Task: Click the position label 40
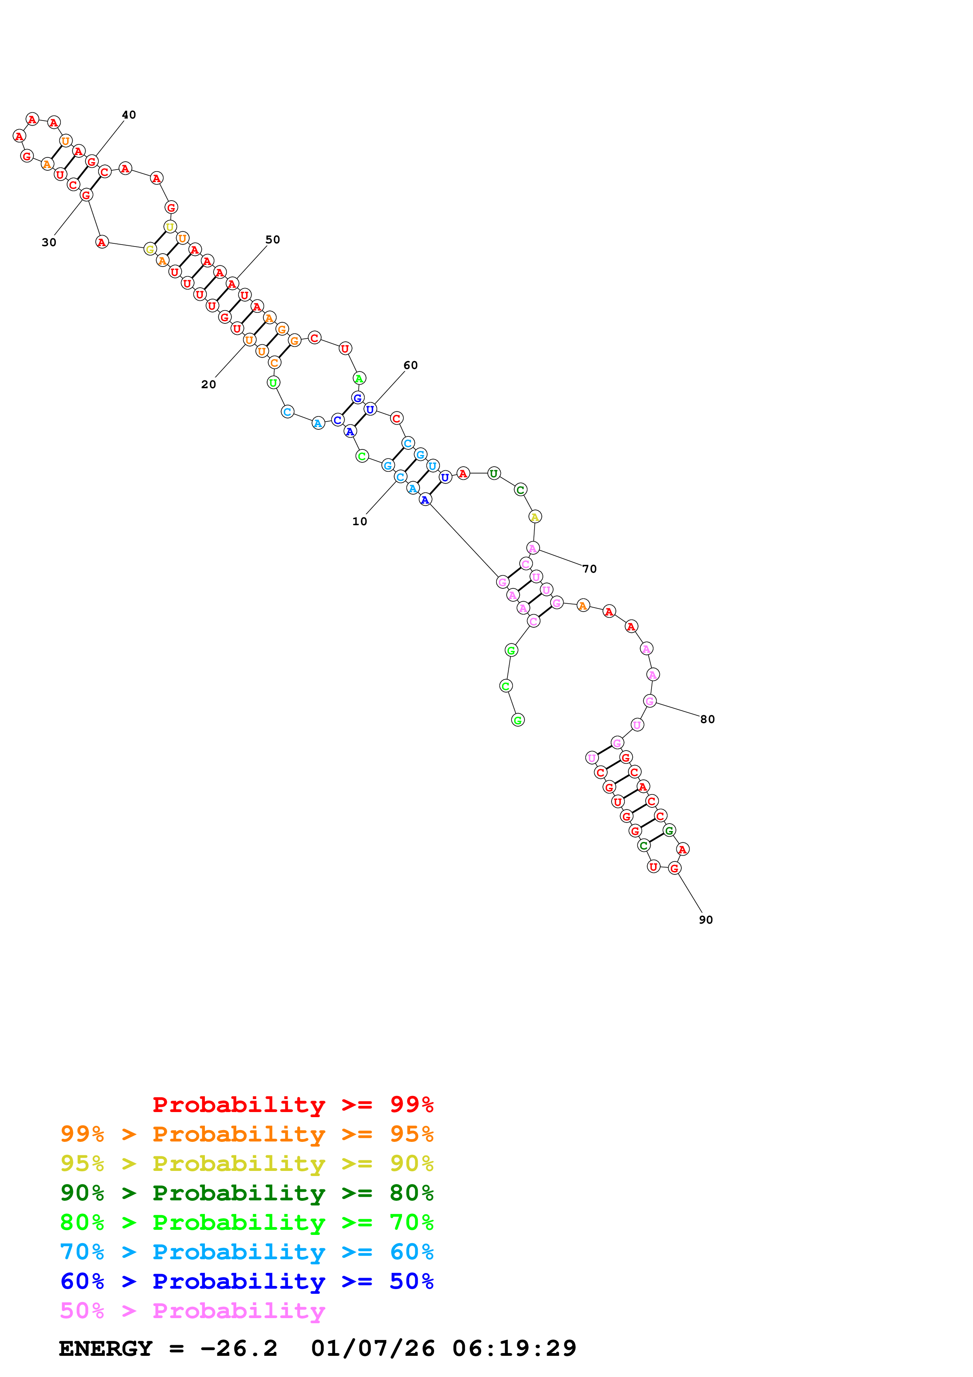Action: coord(129,115)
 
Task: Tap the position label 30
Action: coord(49,242)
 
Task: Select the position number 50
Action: coord(273,239)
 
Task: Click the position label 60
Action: coord(411,365)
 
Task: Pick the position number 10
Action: coord(360,521)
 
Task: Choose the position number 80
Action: coord(707,719)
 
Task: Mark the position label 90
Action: coord(706,919)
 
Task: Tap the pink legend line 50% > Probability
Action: coord(192,1310)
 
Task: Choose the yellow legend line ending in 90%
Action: coord(247,1163)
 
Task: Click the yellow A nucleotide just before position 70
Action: coord(535,517)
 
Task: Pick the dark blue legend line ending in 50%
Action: coord(247,1281)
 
